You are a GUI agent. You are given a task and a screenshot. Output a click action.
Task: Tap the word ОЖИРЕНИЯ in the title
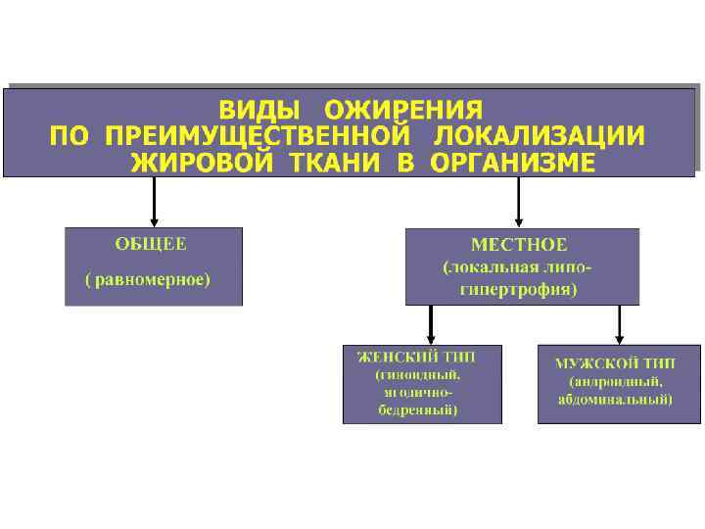[x=403, y=108]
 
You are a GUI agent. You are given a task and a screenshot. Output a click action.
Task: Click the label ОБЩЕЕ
[x=151, y=243]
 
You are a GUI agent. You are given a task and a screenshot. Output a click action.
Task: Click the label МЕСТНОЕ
[x=519, y=244]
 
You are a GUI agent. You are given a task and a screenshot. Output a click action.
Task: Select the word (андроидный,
[x=616, y=381]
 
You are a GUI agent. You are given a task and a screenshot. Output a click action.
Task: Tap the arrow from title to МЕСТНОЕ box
[x=518, y=201]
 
